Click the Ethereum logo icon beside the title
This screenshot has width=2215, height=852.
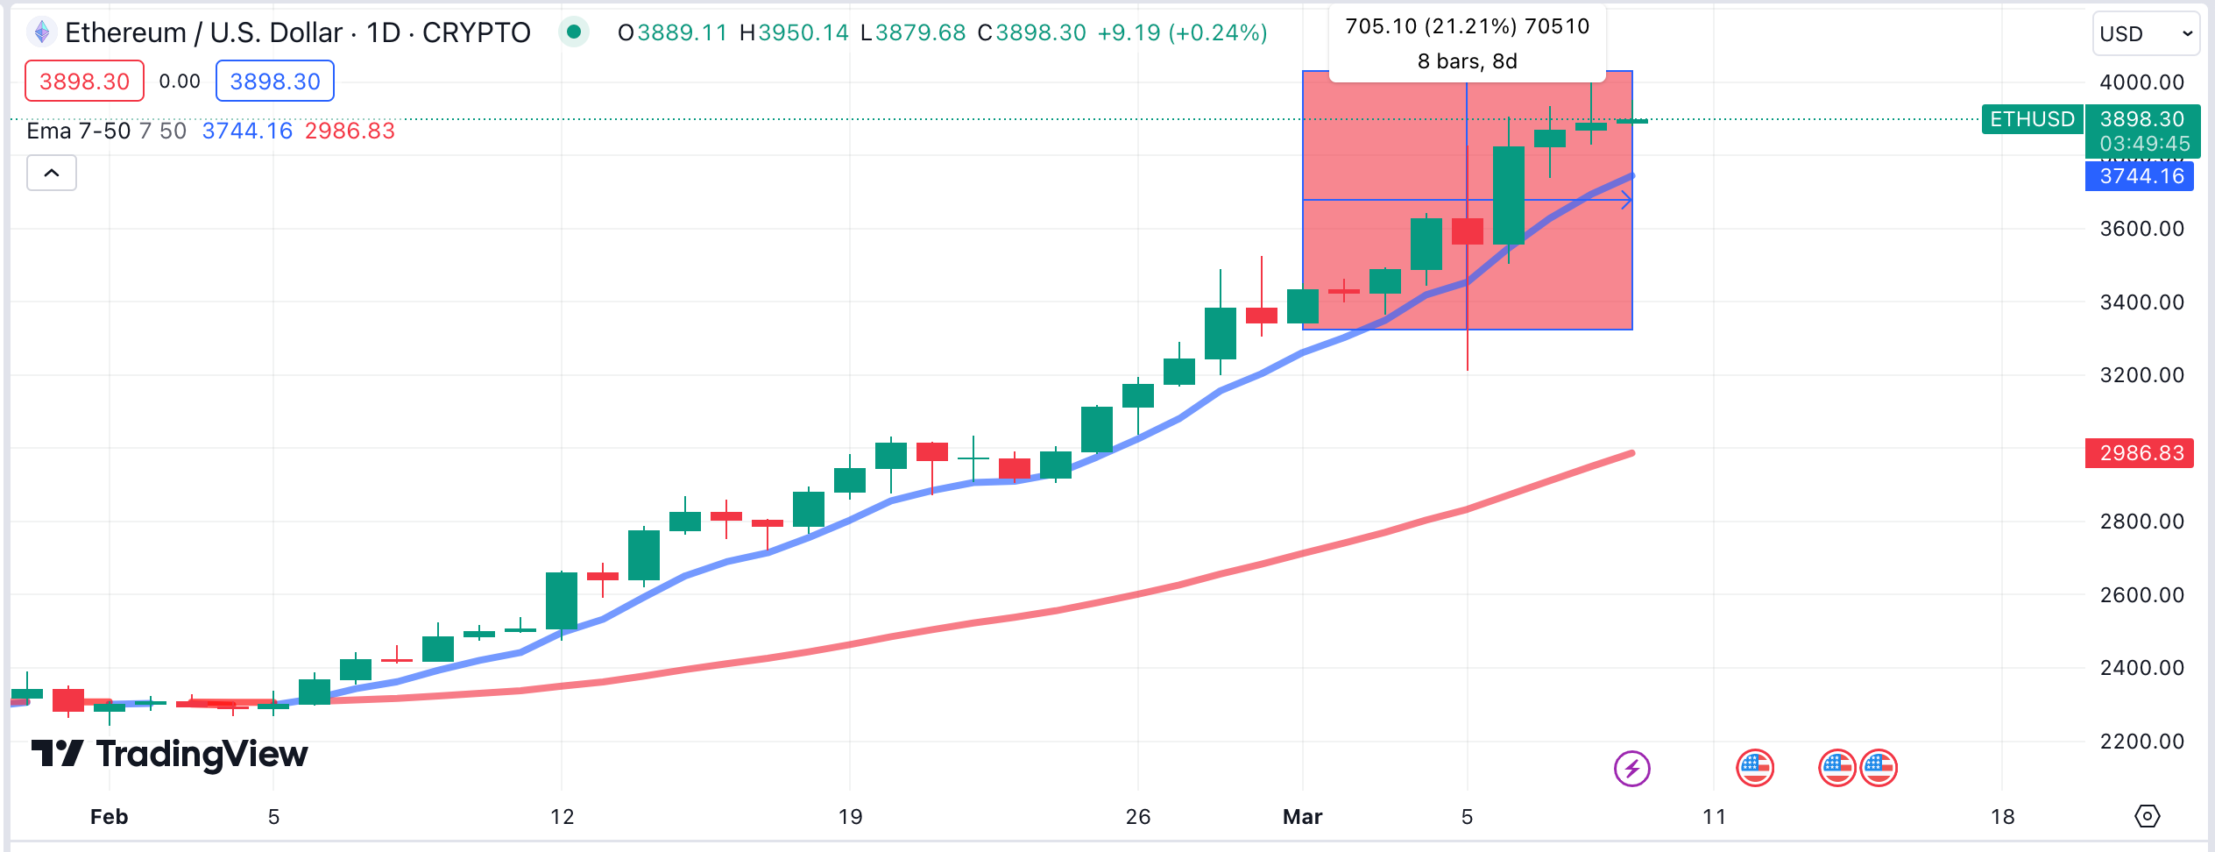coord(41,32)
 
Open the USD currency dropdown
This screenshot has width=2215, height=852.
coord(2144,34)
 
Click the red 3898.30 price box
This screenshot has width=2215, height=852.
coord(84,82)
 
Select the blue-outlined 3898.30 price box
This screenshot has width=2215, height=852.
coord(274,82)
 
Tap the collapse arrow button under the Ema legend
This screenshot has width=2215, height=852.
coord(52,173)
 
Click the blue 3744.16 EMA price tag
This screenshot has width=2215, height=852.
coord(2141,176)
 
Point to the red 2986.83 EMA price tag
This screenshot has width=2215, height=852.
coord(2141,453)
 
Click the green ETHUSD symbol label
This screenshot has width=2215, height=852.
coord(2032,119)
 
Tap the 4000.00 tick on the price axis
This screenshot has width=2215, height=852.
coord(2141,82)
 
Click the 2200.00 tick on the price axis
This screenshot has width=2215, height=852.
coord(2141,742)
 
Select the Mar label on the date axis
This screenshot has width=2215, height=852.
coord(1302,817)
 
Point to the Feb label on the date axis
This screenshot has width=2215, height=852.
coord(110,817)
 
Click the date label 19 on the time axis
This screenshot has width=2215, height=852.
coord(850,817)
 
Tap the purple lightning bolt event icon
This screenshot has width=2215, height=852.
coord(1631,769)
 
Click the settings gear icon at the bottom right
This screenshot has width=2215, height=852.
coord(2147,816)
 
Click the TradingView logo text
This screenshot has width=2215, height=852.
coord(202,754)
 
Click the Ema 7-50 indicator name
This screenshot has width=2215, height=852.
coord(79,131)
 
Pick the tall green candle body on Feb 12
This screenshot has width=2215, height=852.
coord(562,600)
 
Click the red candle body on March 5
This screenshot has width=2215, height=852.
coord(1468,231)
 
